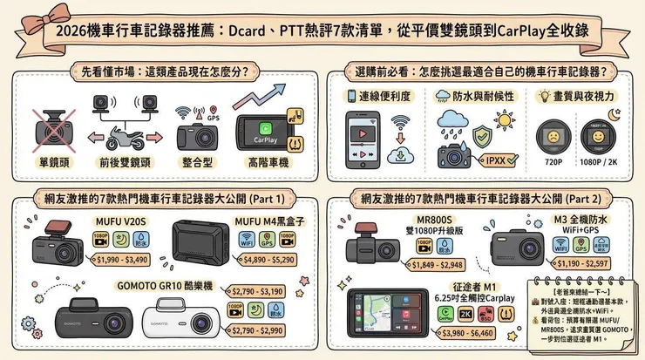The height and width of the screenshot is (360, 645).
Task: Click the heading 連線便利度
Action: [383, 95]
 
